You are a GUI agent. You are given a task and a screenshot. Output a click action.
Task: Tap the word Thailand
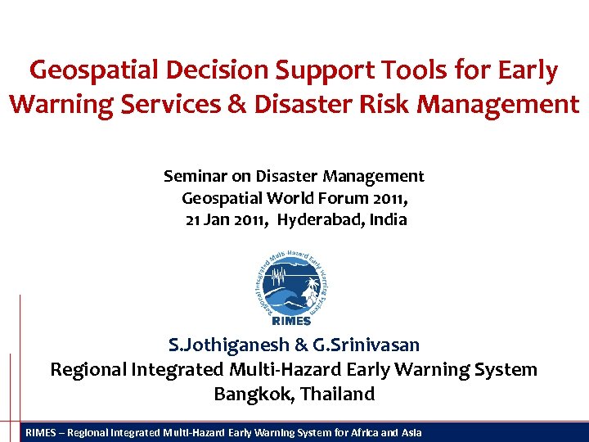337,394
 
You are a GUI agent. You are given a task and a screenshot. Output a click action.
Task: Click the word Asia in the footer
411,432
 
